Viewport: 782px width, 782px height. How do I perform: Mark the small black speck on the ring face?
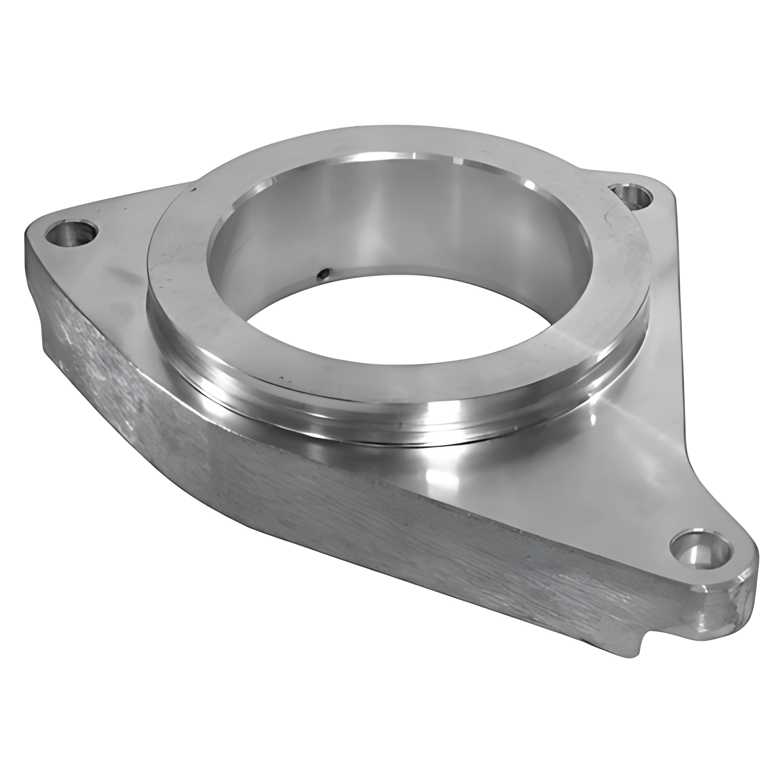pos(192,189)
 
